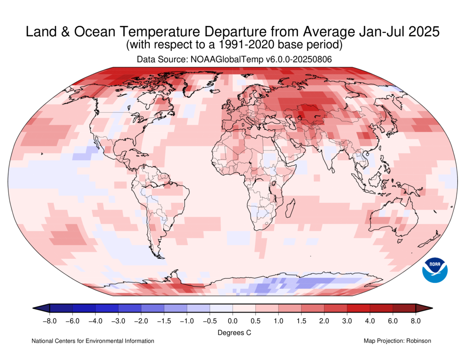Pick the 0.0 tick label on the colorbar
point(232,321)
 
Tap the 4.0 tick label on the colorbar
point(370,321)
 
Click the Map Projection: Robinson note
point(397,341)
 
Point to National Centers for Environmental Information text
point(93,341)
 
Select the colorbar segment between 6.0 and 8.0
point(404,308)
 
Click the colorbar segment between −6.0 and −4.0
point(84,308)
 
